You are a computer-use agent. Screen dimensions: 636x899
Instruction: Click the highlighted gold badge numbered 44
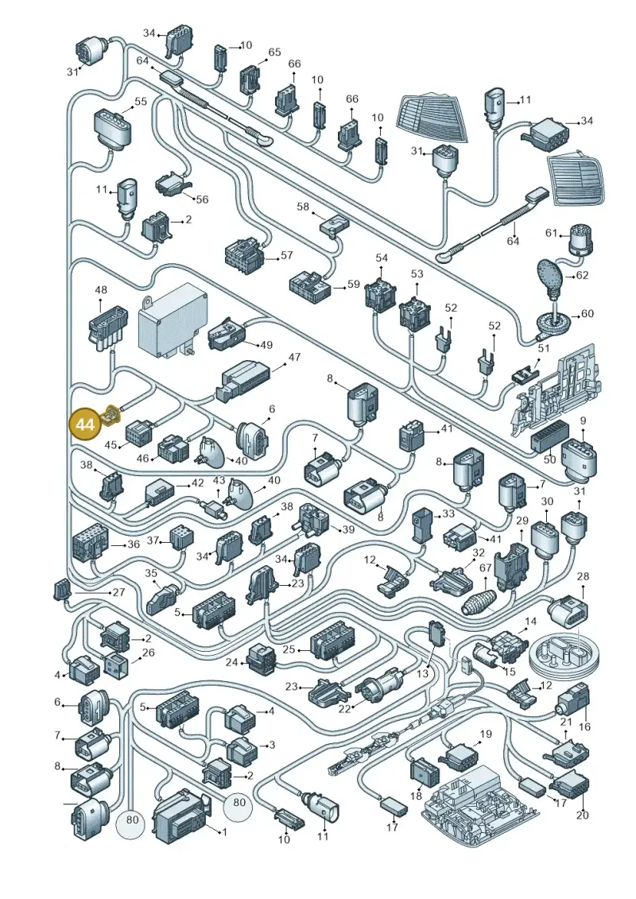click(x=85, y=424)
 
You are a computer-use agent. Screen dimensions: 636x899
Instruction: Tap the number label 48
click(x=101, y=290)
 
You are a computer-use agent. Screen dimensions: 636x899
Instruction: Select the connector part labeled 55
click(x=112, y=128)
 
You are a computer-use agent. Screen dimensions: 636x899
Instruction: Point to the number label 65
click(x=275, y=52)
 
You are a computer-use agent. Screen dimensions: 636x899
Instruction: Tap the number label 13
click(x=422, y=674)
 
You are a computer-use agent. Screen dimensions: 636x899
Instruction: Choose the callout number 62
click(x=582, y=275)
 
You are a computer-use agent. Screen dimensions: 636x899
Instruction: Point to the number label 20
click(x=582, y=815)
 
